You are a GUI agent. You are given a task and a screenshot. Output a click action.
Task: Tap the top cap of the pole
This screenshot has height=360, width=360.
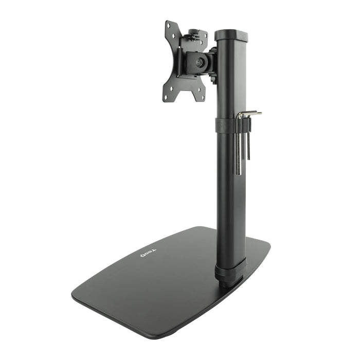point(231,35)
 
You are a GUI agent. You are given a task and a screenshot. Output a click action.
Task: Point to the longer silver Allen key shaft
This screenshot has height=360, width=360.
point(239,149)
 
